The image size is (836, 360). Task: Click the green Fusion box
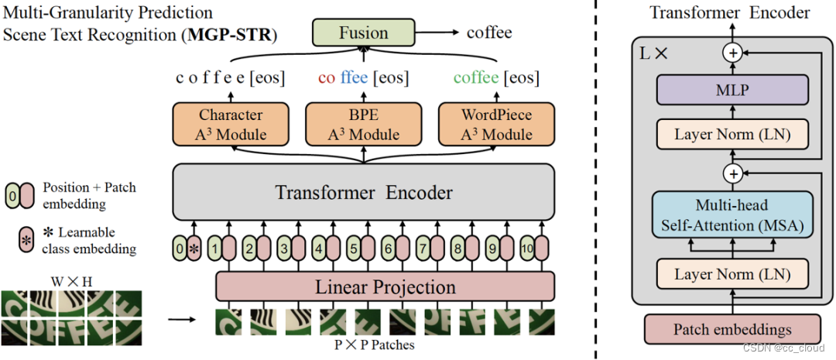(x=363, y=33)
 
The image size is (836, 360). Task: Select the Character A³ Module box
(x=231, y=124)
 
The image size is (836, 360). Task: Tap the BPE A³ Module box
(x=363, y=124)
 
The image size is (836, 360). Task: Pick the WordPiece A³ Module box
(x=495, y=124)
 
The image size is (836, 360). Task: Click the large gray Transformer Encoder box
(x=363, y=191)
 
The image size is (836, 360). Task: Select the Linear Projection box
(x=385, y=286)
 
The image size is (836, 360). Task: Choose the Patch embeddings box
(x=731, y=329)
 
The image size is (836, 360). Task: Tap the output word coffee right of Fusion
(x=489, y=33)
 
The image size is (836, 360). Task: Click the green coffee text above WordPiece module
(x=476, y=78)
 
